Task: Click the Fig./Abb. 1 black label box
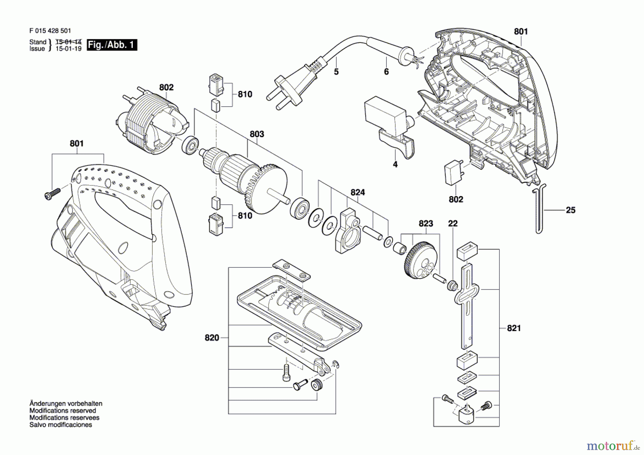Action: pyautogui.click(x=112, y=45)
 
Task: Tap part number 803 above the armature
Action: pyautogui.click(x=257, y=134)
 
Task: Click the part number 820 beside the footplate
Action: pyautogui.click(x=212, y=338)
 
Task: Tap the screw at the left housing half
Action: pyautogui.click(x=52, y=193)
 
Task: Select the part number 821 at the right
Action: pyautogui.click(x=514, y=328)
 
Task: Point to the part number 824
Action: pyautogui.click(x=358, y=192)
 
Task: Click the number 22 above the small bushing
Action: pyautogui.click(x=453, y=223)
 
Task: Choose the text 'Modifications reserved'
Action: pyautogui.click(x=63, y=411)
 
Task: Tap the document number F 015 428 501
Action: pyautogui.click(x=50, y=31)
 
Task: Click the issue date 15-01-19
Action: pyautogui.click(x=68, y=49)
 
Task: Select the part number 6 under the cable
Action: pyautogui.click(x=386, y=72)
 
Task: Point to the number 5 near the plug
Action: pyautogui.click(x=336, y=72)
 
